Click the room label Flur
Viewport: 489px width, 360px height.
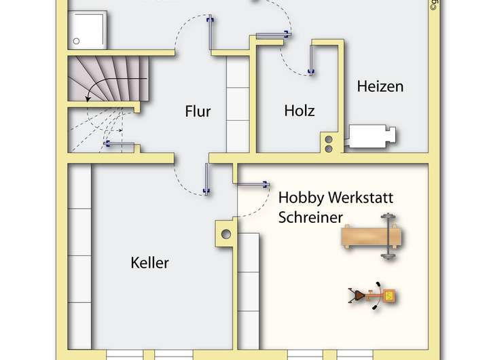click(x=198, y=111)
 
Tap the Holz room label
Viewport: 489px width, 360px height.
click(x=300, y=110)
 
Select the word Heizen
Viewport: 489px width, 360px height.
click(x=380, y=86)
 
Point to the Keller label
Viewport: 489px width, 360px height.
click(x=149, y=262)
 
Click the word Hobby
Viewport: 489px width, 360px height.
click(x=302, y=198)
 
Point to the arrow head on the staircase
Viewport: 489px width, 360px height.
click(x=89, y=99)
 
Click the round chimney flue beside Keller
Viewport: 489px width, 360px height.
click(x=225, y=235)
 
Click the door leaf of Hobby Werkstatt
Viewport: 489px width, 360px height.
click(x=251, y=183)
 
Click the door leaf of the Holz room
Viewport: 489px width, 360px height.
click(x=312, y=59)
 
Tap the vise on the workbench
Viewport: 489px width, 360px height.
click(x=389, y=237)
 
